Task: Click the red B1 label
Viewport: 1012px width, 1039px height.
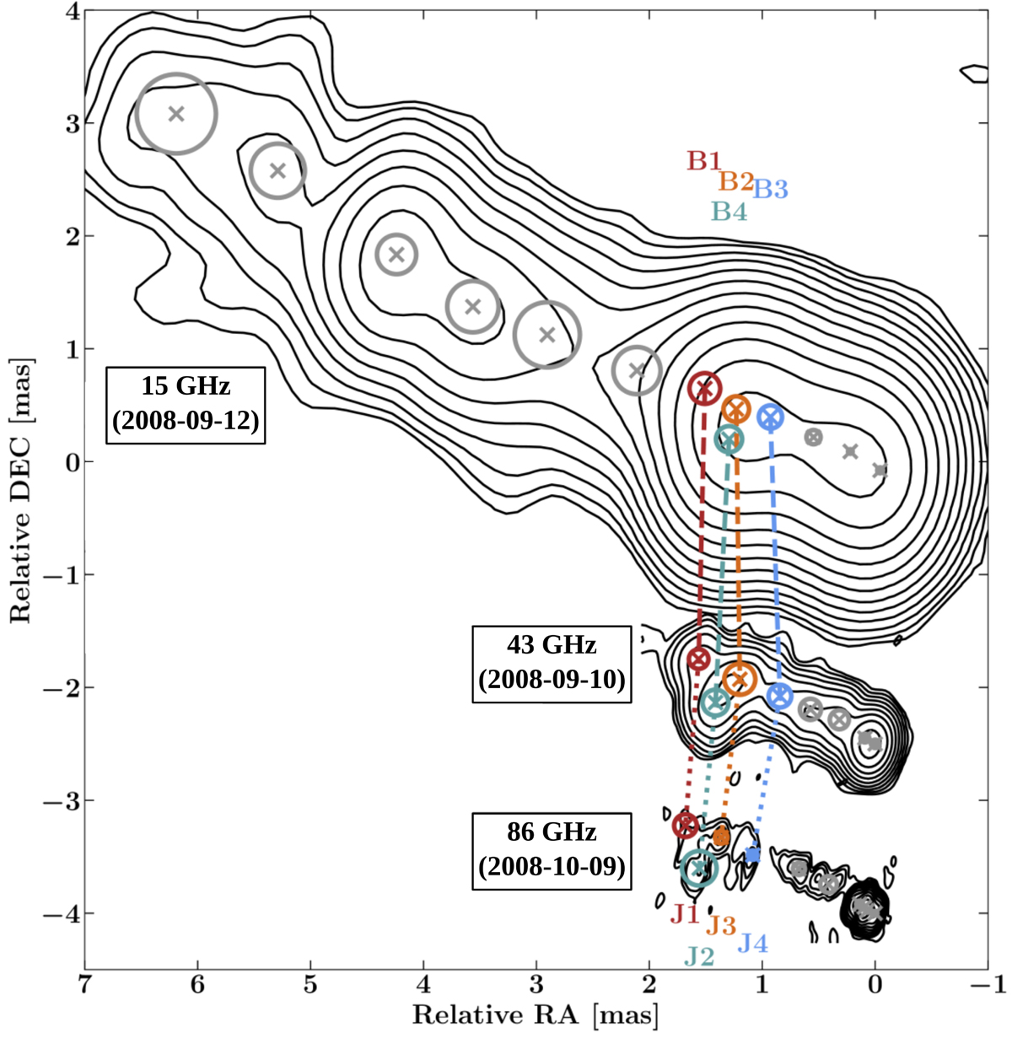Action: pyautogui.click(x=704, y=161)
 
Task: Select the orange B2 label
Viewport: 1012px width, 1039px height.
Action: pyautogui.click(x=736, y=181)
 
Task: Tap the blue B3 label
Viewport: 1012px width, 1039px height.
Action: pyautogui.click(x=770, y=189)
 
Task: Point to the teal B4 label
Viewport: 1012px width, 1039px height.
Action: pyautogui.click(x=729, y=212)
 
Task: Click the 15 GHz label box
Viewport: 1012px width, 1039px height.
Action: pyautogui.click(x=186, y=405)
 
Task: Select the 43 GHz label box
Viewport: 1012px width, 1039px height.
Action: pyautogui.click(x=552, y=664)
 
